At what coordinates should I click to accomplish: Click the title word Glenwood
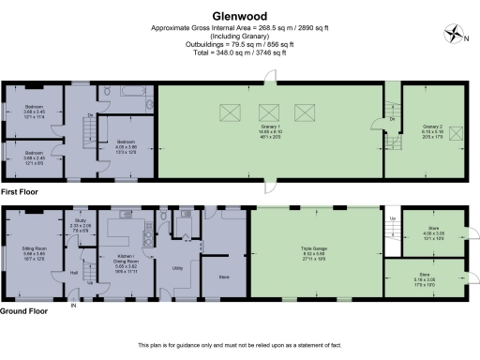click(240, 16)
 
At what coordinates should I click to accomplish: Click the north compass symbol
click(457, 35)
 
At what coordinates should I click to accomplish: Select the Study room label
click(81, 221)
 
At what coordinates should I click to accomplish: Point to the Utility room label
click(176, 268)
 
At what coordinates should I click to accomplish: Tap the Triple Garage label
click(312, 248)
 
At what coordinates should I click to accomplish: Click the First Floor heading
click(20, 190)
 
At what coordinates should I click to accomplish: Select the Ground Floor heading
click(23, 310)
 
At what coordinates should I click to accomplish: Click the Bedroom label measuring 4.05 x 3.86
click(127, 144)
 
